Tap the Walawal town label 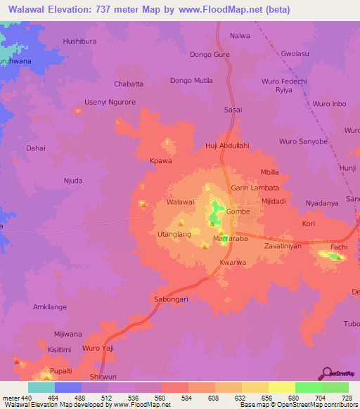(x=180, y=202)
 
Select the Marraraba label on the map (x=231, y=239)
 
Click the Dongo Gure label (x=210, y=54)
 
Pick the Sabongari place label (x=169, y=299)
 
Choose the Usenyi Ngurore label (x=110, y=103)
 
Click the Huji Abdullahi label (x=227, y=145)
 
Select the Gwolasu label (x=295, y=53)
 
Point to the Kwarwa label (x=233, y=263)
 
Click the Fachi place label (x=340, y=248)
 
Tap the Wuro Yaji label (x=98, y=349)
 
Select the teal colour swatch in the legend (x=41, y=387)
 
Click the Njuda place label (x=73, y=181)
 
